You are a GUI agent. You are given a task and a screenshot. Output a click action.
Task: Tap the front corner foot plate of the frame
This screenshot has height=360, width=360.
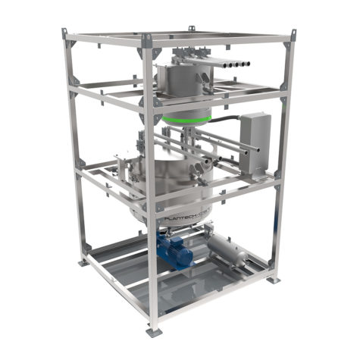tap(154, 330)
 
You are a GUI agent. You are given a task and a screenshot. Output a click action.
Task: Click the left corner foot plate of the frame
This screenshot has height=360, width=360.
tap(82, 263)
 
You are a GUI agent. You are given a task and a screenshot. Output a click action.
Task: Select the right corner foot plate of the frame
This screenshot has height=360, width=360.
tap(273, 279)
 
